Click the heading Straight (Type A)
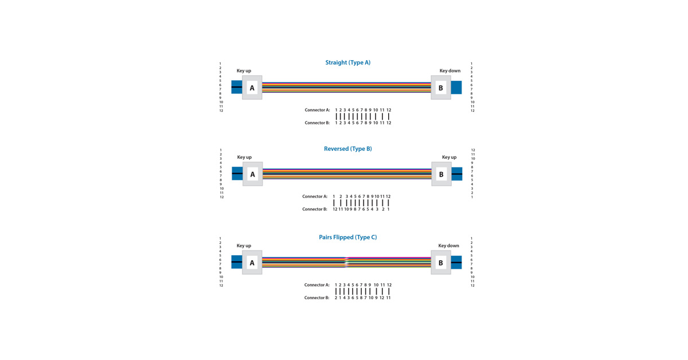click(x=347, y=62)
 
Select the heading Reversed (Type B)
click(x=347, y=148)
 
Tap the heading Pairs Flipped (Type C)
click(x=347, y=237)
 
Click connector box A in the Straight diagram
click(x=252, y=88)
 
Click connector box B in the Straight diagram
click(x=440, y=88)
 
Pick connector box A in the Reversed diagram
click(x=252, y=174)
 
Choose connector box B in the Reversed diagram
click(x=441, y=174)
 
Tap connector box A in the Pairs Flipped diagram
click(x=252, y=263)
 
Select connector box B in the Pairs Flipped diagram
click(x=440, y=263)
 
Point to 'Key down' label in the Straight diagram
click(x=449, y=71)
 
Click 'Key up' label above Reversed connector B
click(x=449, y=157)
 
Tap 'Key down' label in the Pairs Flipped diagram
click(x=448, y=245)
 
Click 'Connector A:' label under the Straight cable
click(x=317, y=110)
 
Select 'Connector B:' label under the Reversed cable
click(x=315, y=209)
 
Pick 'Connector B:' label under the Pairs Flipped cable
click(x=316, y=298)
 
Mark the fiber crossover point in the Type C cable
click(x=346, y=263)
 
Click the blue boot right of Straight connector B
click(x=456, y=88)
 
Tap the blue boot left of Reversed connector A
click(x=237, y=174)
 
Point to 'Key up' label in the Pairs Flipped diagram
click(x=244, y=245)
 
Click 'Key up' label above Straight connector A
click(x=244, y=71)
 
